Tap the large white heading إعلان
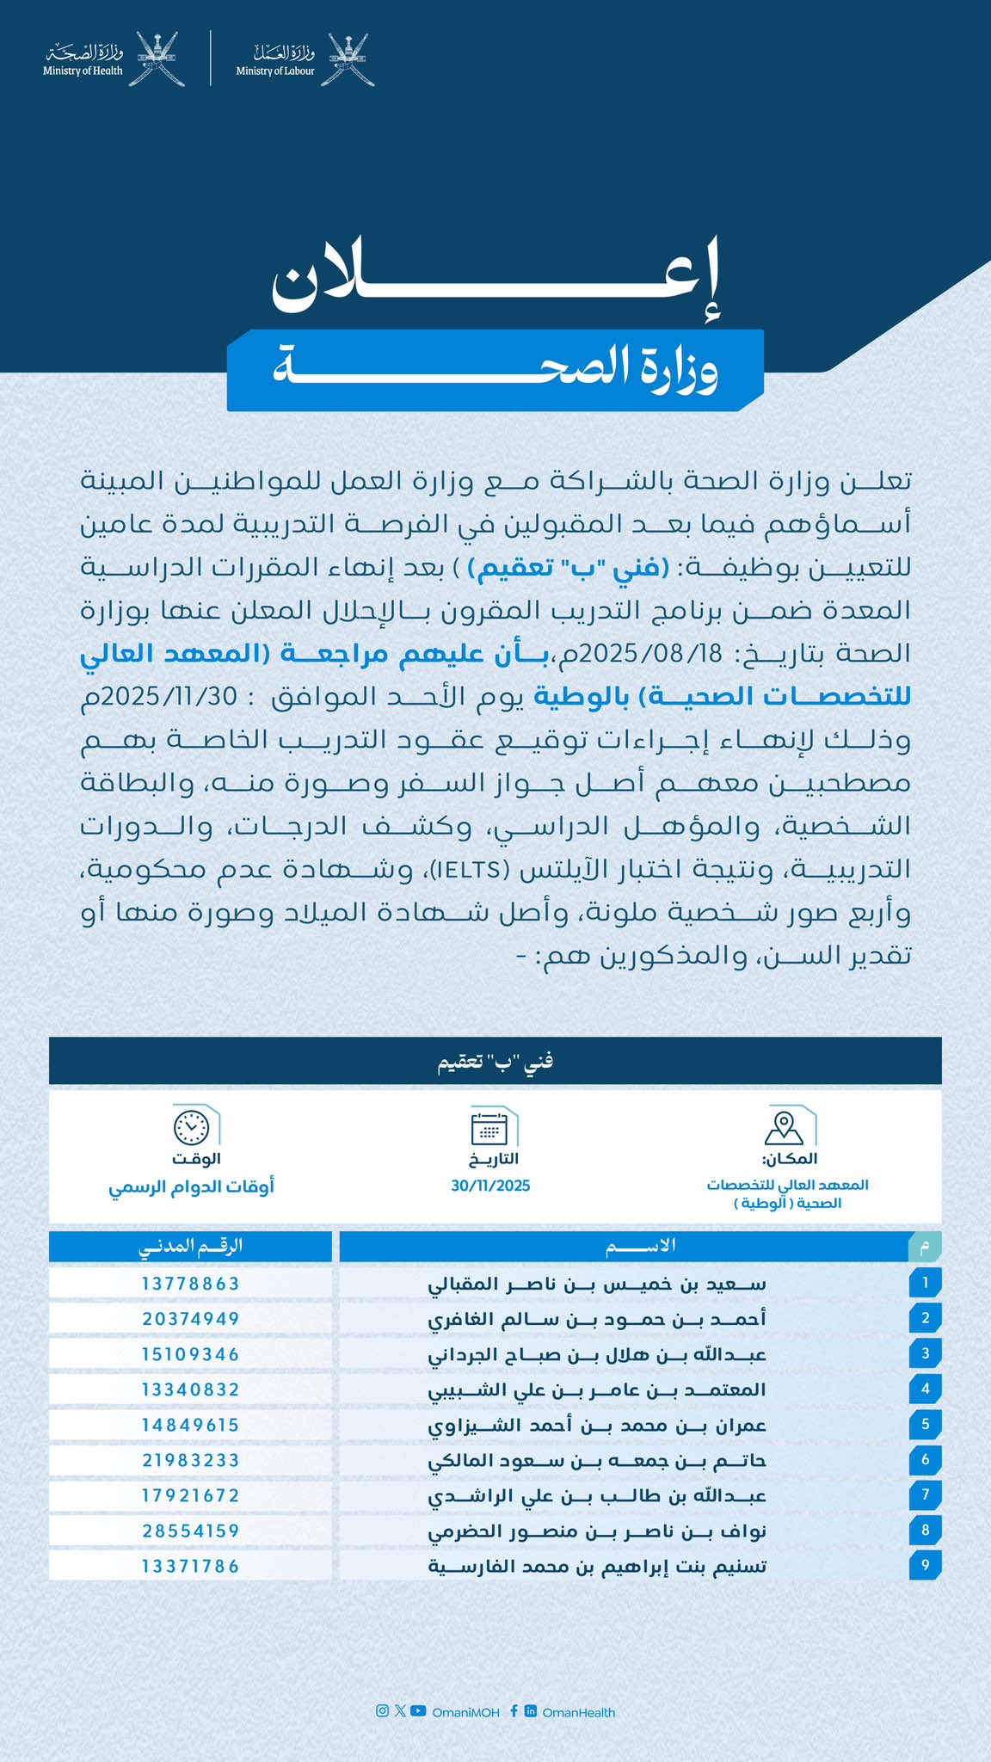tap(495, 280)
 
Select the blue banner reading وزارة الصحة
tap(495, 370)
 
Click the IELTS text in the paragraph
tap(471, 869)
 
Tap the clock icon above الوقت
tap(191, 1126)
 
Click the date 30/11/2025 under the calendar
tap(490, 1186)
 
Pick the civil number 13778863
tap(190, 1283)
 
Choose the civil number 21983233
tap(190, 1460)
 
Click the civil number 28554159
tap(190, 1531)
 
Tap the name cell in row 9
tap(597, 1566)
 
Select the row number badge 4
tap(925, 1389)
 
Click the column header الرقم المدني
tap(190, 1246)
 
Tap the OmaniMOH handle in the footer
tap(465, 1712)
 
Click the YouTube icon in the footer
tap(418, 1710)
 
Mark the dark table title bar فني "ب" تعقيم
tap(495, 1061)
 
